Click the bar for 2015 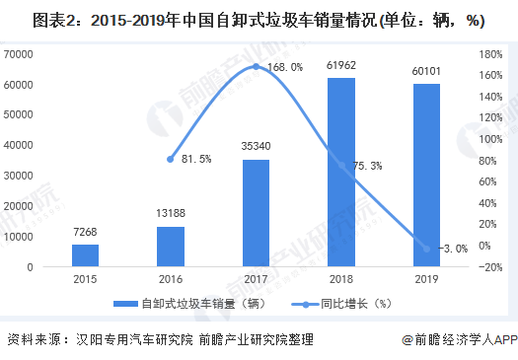(85, 255)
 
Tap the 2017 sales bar (256, 213)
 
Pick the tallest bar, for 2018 (341, 172)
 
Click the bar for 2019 (426, 175)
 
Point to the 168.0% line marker (256, 66)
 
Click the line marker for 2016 (170, 159)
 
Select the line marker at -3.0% (426, 249)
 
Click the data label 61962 (341, 66)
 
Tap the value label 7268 (85, 233)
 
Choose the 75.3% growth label (367, 167)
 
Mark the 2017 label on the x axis (256, 279)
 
